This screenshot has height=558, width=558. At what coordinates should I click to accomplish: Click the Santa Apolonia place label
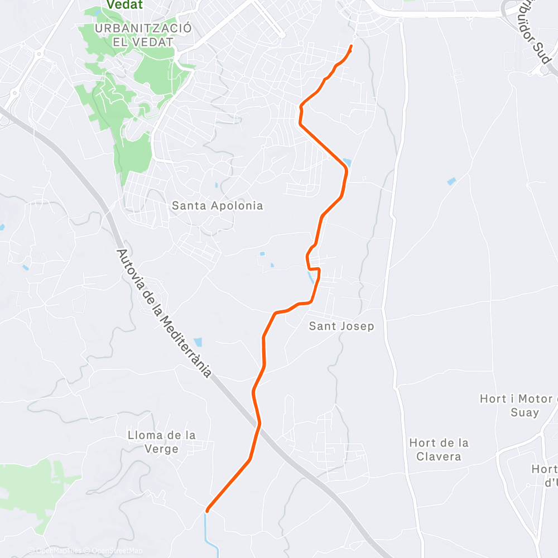click(x=217, y=205)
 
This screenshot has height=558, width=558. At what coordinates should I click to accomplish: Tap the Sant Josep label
click(x=341, y=326)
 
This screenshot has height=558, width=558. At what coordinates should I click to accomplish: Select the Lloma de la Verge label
click(x=161, y=441)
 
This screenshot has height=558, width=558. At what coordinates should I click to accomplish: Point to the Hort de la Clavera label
click(x=439, y=449)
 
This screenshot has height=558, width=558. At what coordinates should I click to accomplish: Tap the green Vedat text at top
click(x=123, y=5)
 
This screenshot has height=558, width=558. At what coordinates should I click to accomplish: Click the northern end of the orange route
click(x=352, y=46)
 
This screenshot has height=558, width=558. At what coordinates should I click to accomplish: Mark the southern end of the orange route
click(x=208, y=510)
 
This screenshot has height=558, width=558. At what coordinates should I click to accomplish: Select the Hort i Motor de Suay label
click(x=518, y=406)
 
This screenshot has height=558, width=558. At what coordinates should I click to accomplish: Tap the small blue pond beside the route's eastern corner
click(x=347, y=162)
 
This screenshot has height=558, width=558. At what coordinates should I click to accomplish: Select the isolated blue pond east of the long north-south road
click(x=451, y=181)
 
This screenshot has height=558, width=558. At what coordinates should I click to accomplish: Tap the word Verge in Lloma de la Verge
click(x=161, y=449)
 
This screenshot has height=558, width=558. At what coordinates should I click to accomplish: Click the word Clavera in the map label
click(x=439, y=456)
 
